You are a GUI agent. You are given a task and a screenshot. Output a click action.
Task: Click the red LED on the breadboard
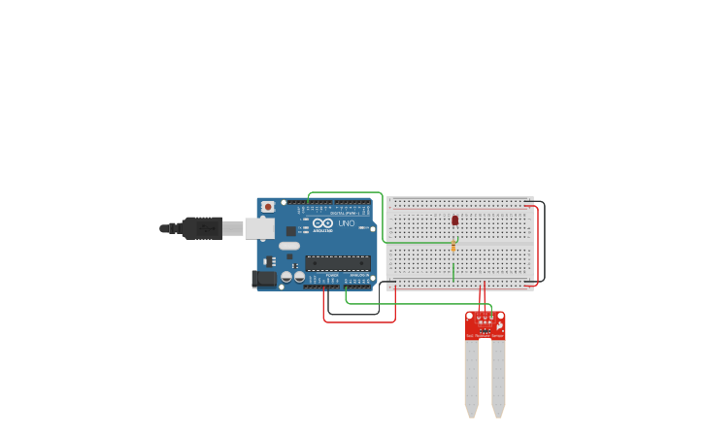[x=454, y=220]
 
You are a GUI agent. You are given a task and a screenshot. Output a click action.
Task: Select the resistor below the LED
[x=453, y=247]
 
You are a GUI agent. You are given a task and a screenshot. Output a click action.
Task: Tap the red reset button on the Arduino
[x=268, y=207]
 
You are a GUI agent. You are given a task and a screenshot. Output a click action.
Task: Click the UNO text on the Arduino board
[x=347, y=223]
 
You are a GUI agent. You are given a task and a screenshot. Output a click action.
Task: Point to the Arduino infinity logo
[x=323, y=223]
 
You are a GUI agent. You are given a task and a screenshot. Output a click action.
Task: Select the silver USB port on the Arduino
[x=258, y=228]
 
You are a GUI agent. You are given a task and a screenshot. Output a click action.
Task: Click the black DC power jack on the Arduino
[x=264, y=279]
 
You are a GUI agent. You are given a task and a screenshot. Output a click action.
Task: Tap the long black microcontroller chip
[x=338, y=263]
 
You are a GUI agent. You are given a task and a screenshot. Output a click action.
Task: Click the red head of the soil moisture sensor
[x=486, y=324]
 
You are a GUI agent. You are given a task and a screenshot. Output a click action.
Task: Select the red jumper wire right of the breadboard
[x=537, y=243]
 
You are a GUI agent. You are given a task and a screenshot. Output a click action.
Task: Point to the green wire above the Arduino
[x=345, y=192]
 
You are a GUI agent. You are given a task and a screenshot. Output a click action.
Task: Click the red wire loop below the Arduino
[x=359, y=322]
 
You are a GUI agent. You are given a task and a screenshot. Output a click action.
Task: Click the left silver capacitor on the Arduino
[x=286, y=277]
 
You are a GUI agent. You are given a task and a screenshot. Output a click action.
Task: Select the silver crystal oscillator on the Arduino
[x=289, y=246]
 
